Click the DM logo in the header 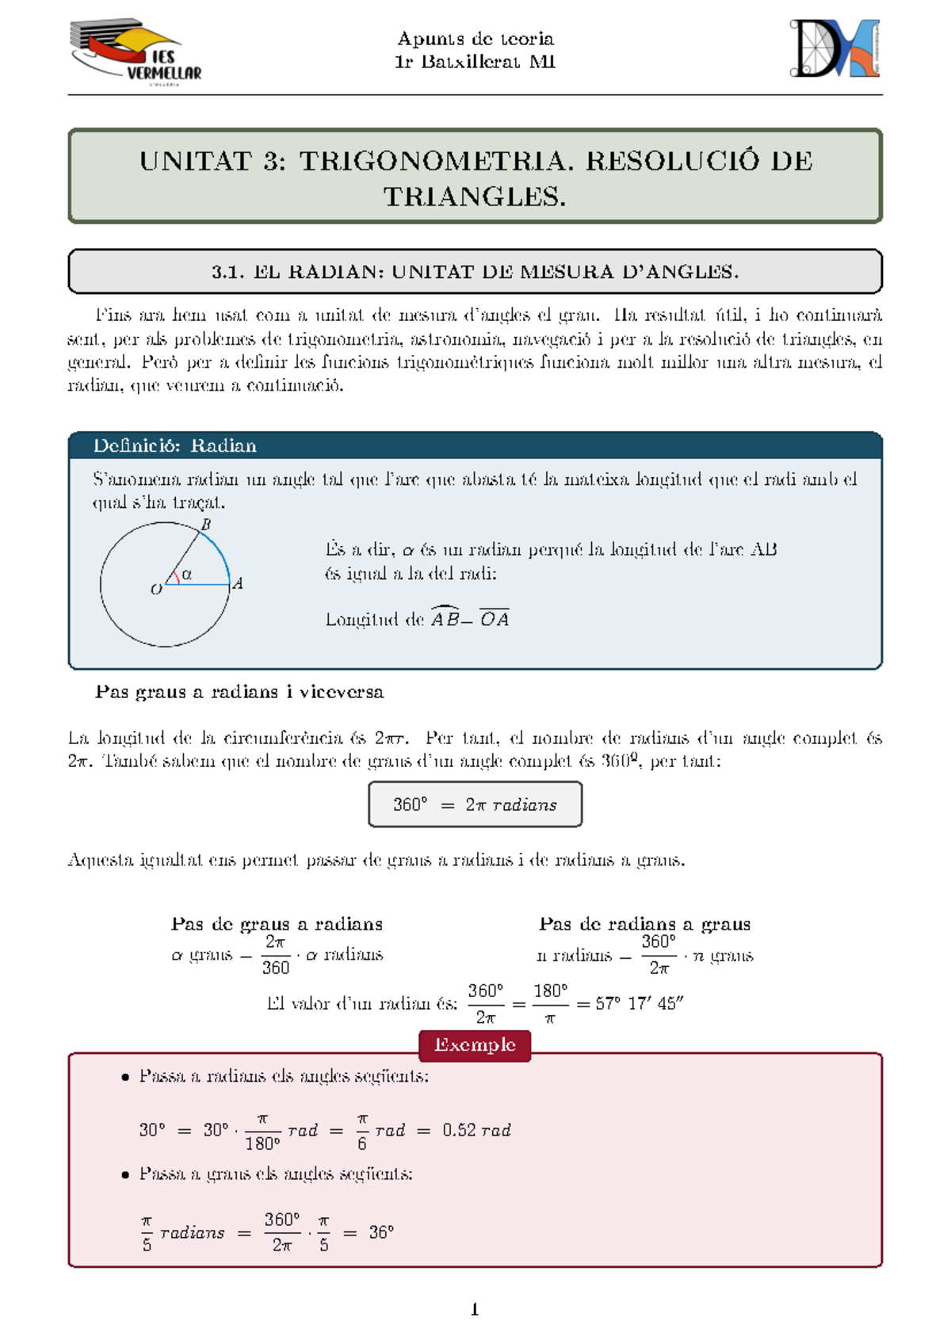(x=835, y=49)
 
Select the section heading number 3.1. (x=227, y=272)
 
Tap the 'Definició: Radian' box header (x=174, y=445)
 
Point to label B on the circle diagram (x=206, y=525)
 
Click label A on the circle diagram (x=237, y=584)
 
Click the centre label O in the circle (x=155, y=590)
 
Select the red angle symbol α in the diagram (x=187, y=574)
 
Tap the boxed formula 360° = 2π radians (x=475, y=804)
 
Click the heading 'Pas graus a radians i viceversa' (x=239, y=692)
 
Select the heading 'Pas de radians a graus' (x=644, y=924)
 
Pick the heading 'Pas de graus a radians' (x=277, y=924)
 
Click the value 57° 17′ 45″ (x=639, y=1003)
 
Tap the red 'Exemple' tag (x=475, y=1045)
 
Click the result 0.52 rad (x=476, y=1130)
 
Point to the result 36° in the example (x=381, y=1232)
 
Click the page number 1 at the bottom (x=475, y=1309)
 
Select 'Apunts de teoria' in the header (x=475, y=38)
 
